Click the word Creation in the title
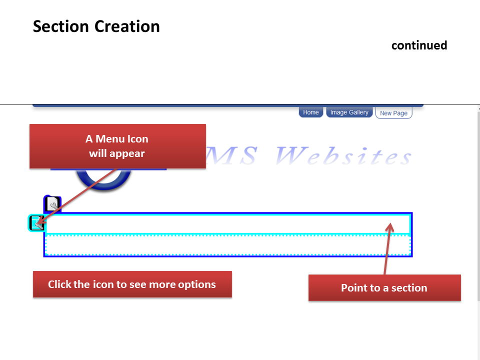(x=127, y=26)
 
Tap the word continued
(x=419, y=45)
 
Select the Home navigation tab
(x=310, y=112)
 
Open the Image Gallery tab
(x=349, y=112)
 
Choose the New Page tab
(x=393, y=112)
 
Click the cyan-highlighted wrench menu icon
(x=36, y=223)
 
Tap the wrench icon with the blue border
(x=52, y=204)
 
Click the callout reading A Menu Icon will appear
(x=117, y=146)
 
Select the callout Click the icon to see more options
(x=132, y=284)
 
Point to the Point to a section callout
(x=384, y=288)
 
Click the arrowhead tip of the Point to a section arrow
(x=390, y=223)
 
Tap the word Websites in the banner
(x=343, y=155)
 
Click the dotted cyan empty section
(x=228, y=245)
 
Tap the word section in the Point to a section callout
(x=409, y=288)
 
